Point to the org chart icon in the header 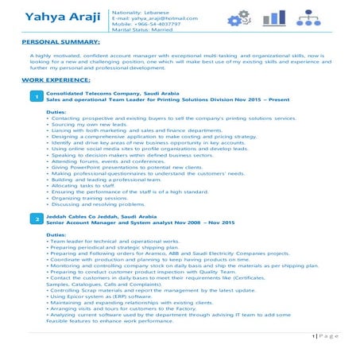coord(312,17)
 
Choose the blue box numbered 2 coord(37,218)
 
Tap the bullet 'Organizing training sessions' coord(87,197)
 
